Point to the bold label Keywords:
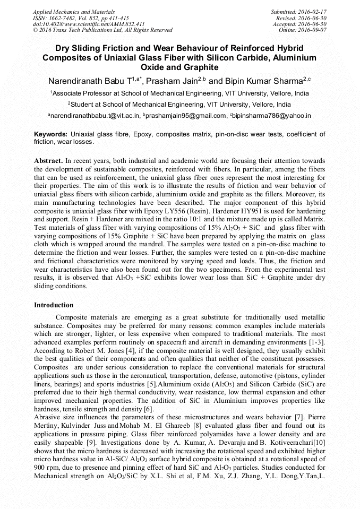50,135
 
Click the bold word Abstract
48,160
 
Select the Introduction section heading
54,305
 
